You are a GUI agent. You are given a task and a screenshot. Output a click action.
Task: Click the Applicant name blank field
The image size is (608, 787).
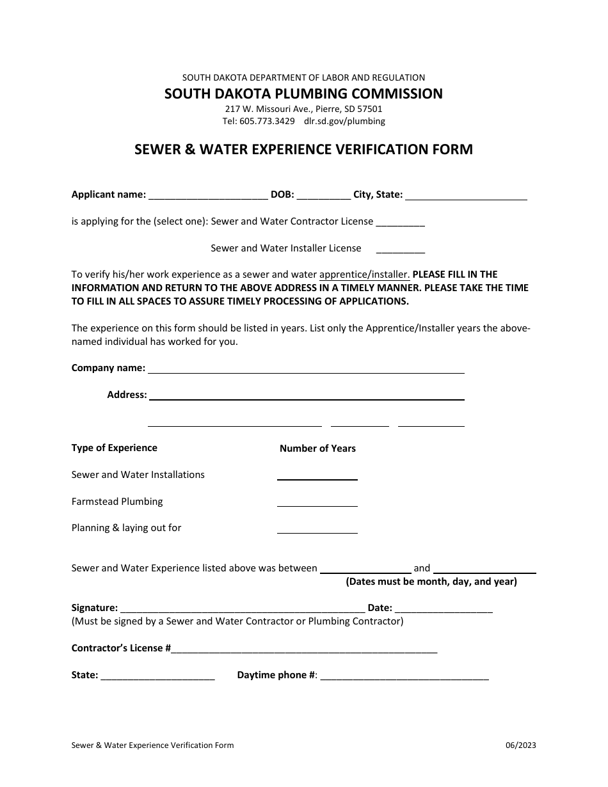coord(207,196)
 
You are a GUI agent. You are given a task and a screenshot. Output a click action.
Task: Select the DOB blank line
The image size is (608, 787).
coord(323,196)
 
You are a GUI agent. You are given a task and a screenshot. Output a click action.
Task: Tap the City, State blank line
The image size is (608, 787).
coord(466,196)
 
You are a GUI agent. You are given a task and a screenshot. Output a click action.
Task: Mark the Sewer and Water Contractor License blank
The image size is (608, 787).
coord(400,223)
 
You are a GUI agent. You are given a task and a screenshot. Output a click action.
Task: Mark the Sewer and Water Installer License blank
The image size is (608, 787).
coord(400,249)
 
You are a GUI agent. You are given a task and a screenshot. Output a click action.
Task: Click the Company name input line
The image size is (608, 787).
coord(306,369)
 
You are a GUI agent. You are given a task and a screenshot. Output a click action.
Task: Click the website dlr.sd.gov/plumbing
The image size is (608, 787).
coord(344,121)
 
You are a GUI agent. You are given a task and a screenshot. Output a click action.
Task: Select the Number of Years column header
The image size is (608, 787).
coord(317,449)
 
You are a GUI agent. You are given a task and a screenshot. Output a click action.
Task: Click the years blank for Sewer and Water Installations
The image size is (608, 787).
coord(317,475)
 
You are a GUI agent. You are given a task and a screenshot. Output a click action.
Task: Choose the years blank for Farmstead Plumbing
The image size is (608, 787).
coord(317,502)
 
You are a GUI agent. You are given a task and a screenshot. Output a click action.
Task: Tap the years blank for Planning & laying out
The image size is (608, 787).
coord(317,529)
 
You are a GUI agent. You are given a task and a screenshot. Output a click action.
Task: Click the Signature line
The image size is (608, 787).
coord(243,608)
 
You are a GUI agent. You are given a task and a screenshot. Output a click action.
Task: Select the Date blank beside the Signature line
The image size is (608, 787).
coord(444,608)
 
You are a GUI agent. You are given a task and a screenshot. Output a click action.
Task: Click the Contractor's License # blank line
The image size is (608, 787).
coord(304,649)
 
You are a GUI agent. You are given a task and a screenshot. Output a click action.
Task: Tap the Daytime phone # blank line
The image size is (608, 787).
coord(404,676)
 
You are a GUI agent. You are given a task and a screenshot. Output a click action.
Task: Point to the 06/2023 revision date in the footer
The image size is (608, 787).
coord(521,745)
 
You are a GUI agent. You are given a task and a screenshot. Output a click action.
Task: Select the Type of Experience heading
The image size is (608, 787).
coord(115,448)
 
